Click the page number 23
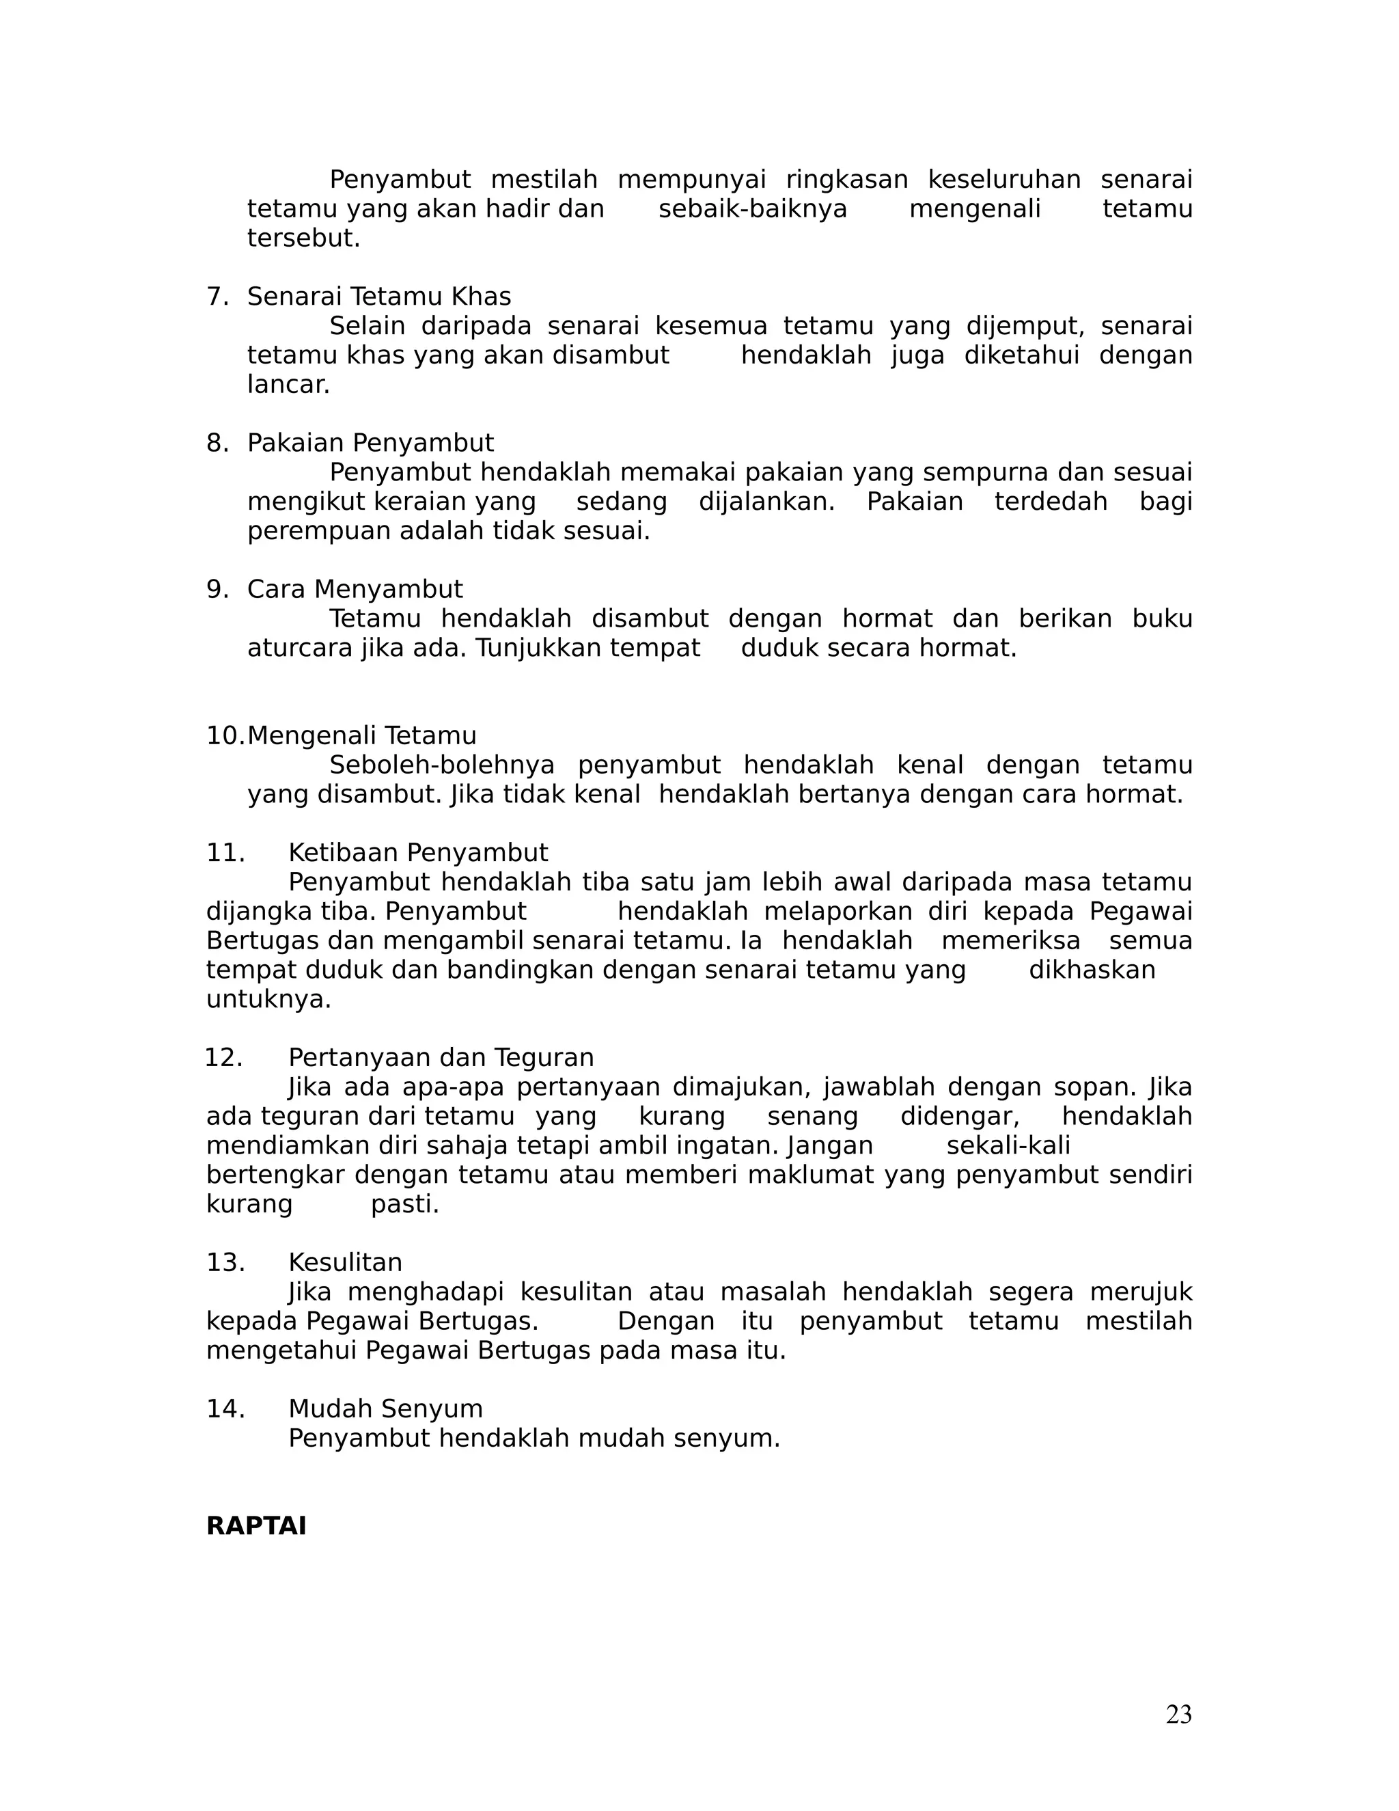pyautogui.click(x=1178, y=1714)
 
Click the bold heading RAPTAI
pyautogui.click(x=256, y=1526)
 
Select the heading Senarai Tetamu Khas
pyautogui.click(x=378, y=297)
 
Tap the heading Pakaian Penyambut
pyautogui.click(x=370, y=443)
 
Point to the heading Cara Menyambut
pyautogui.click(x=355, y=590)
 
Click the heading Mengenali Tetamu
pyautogui.click(x=362, y=735)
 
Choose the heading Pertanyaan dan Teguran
pyautogui.click(x=441, y=1057)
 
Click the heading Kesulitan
pyautogui.click(x=345, y=1262)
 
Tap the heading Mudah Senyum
pyautogui.click(x=385, y=1409)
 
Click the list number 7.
pyautogui.click(x=217, y=297)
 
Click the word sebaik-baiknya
pyautogui.click(x=753, y=209)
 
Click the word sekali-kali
pyautogui.click(x=1008, y=1145)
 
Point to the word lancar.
pyautogui.click(x=288, y=385)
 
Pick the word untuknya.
pyautogui.click(x=268, y=999)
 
